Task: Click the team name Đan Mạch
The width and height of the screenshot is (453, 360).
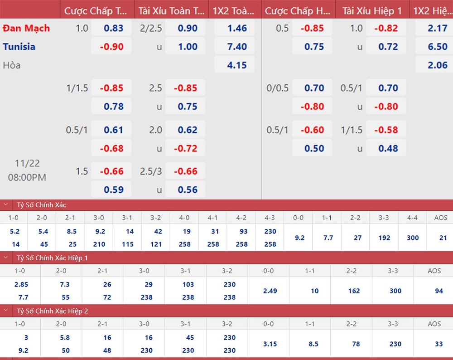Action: pyautogui.click(x=26, y=28)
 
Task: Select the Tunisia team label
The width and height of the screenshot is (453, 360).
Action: pyautogui.click(x=19, y=47)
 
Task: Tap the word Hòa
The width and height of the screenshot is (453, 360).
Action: pyautogui.click(x=12, y=65)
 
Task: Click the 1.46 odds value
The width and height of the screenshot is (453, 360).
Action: pyautogui.click(x=237, y=28)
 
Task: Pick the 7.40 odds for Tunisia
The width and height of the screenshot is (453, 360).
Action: pyautogui.click(x=237, y=47)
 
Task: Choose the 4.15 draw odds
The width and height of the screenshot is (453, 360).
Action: pyautogui.click(x=237, y=65)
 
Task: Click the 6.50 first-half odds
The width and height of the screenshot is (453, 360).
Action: pyautogui.click(x=438, y=47)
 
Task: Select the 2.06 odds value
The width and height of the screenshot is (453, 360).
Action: pyautogui.click(x=438, y=65)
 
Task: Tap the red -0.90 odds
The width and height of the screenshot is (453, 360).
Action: pyautogui.click(x=112, y=47)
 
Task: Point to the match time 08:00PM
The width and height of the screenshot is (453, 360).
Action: pyautogui.click(x=27, y=177)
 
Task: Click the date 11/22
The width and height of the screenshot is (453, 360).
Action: pyautogui.click(x=27, y=163)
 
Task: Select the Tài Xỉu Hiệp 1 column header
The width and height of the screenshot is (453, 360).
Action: pyautogui.click(x=372, y=11)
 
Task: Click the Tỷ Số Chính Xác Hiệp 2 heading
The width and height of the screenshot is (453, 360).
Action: pyautogui.click(x=52, y=311)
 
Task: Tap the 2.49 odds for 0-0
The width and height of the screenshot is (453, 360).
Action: pyautogui.click(x=270, y=291)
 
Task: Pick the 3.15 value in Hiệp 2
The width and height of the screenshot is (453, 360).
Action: pyautogui.click(x=270, y=344)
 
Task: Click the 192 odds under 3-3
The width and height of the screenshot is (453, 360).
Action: pyautogui.click(x=384, y=238)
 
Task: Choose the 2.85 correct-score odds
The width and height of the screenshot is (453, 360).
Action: pyautogui.click(x=21, y=284)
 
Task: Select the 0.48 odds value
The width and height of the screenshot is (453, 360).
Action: pyautogui.click(x=388, y=148)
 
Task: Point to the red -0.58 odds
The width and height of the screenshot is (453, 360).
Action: pyautogui.click(x=386, y=130)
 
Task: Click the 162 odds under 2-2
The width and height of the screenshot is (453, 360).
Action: pyautogui.click(x=354, y=291)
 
